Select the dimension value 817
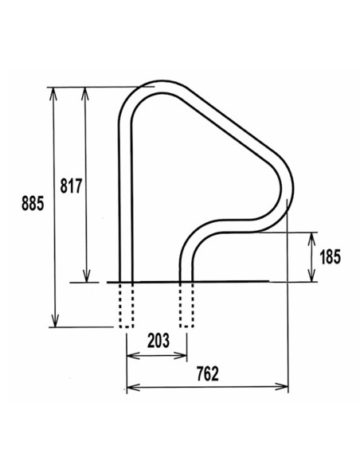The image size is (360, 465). (x=72, y=184)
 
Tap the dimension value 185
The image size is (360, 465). (x=329, y=256)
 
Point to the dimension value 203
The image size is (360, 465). (x=158, y=341)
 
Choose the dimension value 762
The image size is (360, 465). (x=206, y=373)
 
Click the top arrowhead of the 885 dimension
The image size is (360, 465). (x=54, y=90)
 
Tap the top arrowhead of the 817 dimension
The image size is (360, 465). (x=86, y=90)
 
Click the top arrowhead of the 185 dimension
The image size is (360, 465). (x=311, y=236)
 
